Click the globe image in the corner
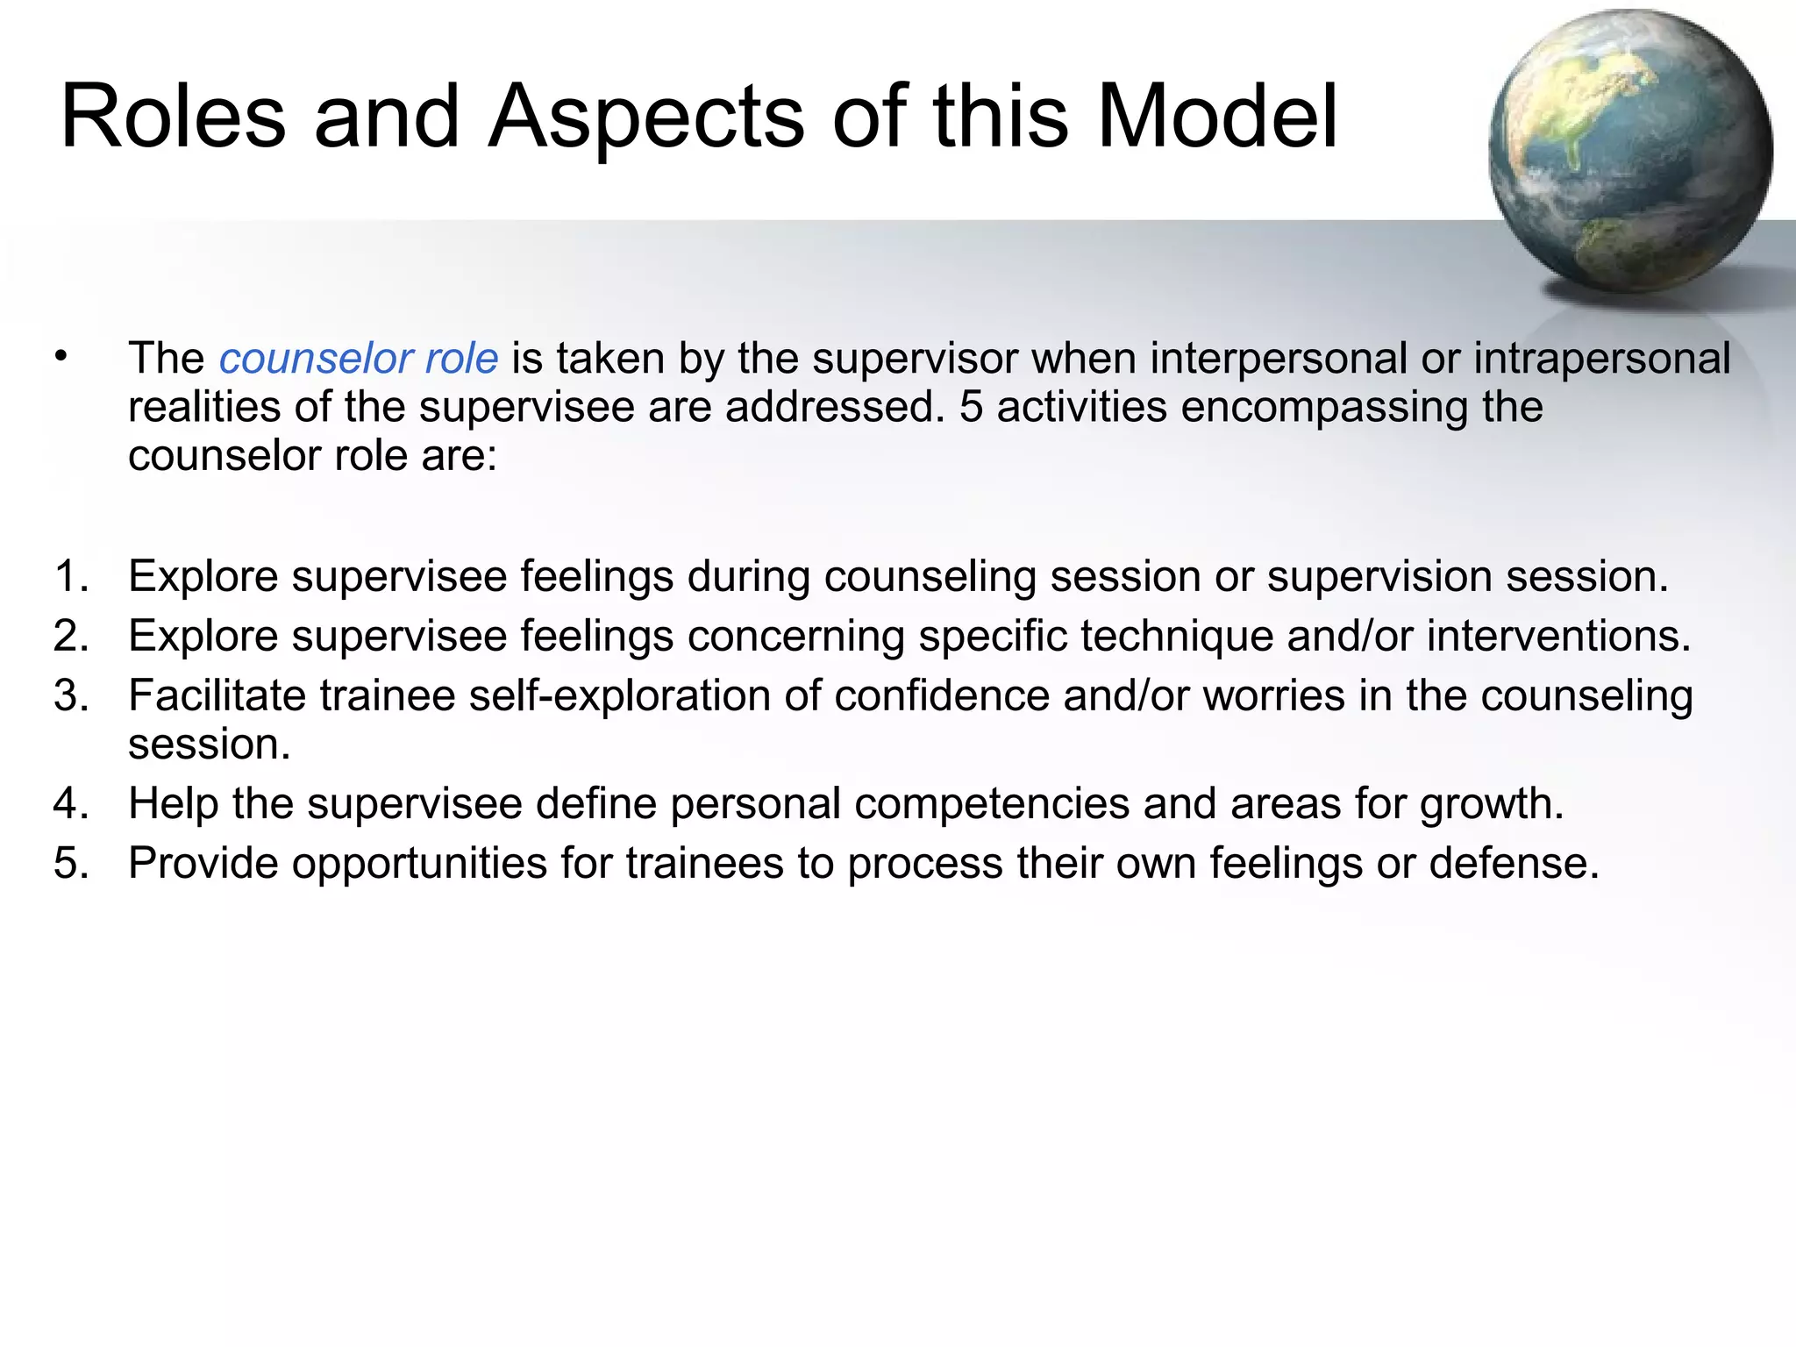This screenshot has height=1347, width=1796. pyautogui.click(x=1629, y=151)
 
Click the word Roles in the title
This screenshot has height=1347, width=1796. pyautogui.click(x=173, y=117)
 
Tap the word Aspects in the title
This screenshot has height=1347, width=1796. pyautogui.click(x=645, y=117)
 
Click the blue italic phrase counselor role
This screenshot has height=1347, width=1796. pyautogui.click(x=358, y=359)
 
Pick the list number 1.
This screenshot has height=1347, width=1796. pyautogui.click(x=70, y=577)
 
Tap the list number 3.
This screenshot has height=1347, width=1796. pyautogui.click(x=70, y=696)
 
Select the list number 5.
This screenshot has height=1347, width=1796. pyautogui.click(x=70, y=864)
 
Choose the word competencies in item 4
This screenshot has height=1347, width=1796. pyautogui.click(x=992, y=804)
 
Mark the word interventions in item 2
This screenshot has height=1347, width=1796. pyautogui.click(x=1557, y=637)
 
